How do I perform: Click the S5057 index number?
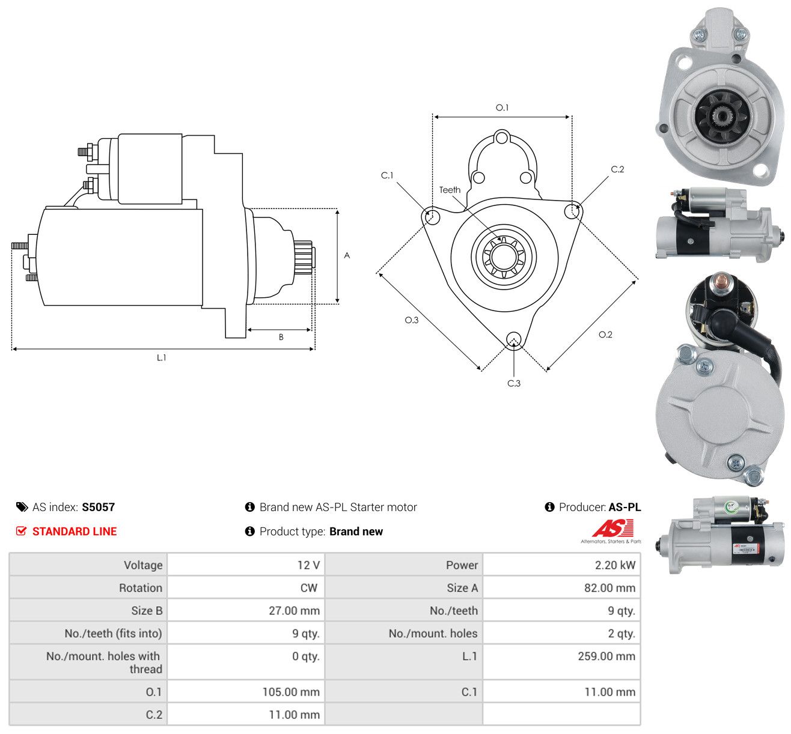[x=98, y=507]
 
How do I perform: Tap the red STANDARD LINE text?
[x=75, y=532]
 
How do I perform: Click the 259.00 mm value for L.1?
[x=606, y=657]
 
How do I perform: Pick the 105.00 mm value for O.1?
[x=291, y=692]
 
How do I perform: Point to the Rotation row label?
[x=141, y=588]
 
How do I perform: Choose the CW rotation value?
[x=309, y=588]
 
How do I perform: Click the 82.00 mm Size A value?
[x=609, y=588]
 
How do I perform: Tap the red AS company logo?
[x=612, y=528]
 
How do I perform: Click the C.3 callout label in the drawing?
[x=513, y=383]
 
